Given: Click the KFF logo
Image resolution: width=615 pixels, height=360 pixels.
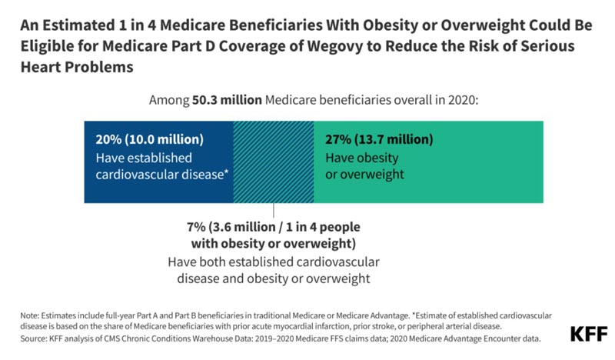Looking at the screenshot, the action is coord(588,334).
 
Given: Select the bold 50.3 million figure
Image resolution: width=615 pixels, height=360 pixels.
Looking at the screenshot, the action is coord(227,100).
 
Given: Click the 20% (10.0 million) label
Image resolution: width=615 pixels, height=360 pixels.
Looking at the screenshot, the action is coord(149,139).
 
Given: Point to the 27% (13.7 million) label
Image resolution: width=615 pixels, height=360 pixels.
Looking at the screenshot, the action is coord(379,139).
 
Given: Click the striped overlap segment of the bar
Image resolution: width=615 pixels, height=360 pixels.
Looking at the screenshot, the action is coord(274,162).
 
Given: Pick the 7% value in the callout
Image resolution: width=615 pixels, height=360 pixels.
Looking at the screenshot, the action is coord(196,227).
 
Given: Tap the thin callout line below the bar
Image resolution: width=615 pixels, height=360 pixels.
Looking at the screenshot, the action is coord(274,210).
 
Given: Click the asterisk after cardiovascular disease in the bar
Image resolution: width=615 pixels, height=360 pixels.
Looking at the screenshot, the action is coord(226,172).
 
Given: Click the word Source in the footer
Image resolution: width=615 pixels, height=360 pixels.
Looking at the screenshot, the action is coord(33,338).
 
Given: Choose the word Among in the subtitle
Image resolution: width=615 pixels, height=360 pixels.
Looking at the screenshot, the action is coord(168,101).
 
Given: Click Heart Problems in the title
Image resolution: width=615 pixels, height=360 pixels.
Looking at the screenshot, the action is coord(77,67).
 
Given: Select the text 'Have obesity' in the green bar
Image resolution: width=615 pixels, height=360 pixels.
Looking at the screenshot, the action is coord(361,158).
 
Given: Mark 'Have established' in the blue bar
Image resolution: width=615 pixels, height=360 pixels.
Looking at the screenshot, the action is coord(144,158).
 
